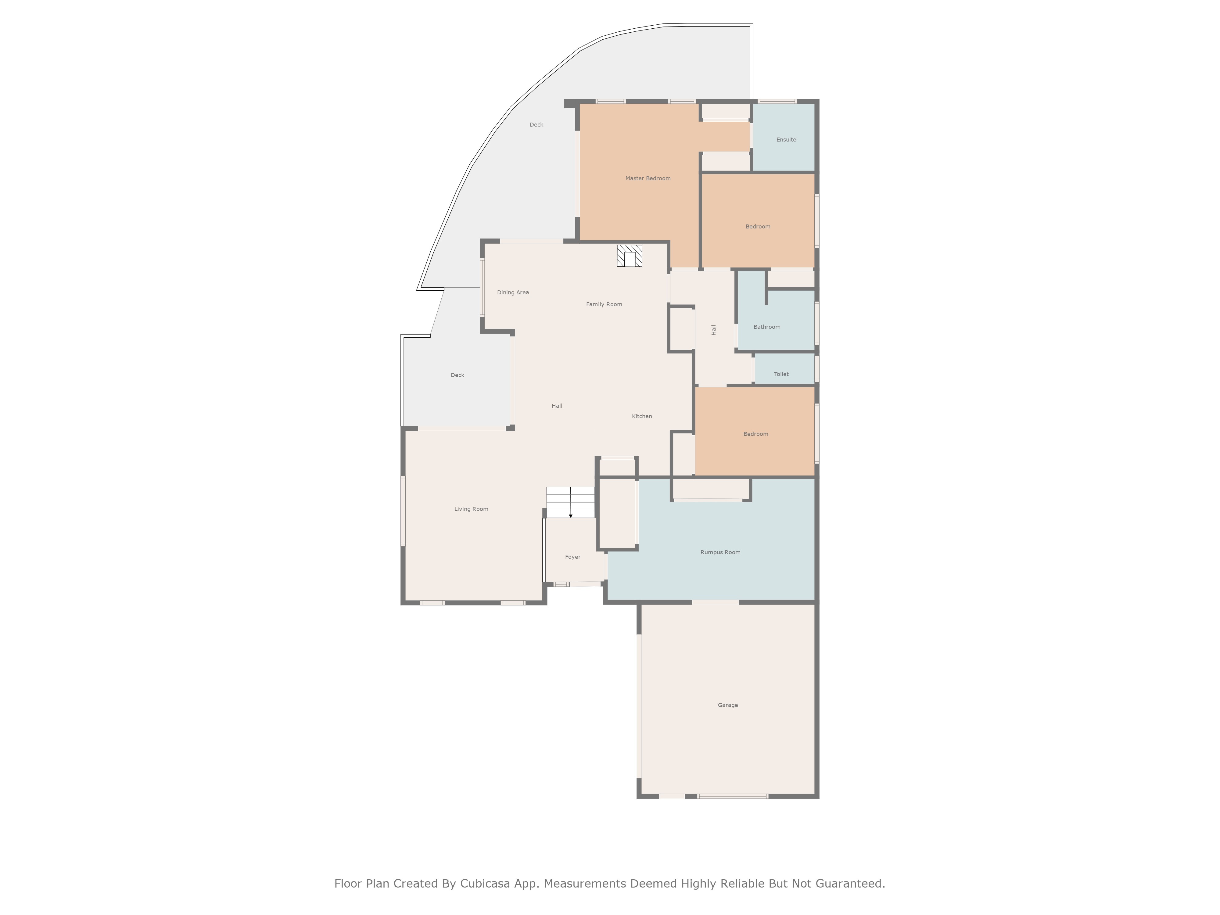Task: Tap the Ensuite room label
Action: click(786, 140)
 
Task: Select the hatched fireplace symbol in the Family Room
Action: click(629, 256)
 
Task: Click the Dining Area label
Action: click(513, 292)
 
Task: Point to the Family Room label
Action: click(604, 304)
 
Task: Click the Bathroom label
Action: click(767, 327)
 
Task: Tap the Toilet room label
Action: click(781, 374)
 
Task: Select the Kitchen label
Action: click(642, 416)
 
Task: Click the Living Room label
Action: click(471, 509)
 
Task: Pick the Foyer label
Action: click(572, 557)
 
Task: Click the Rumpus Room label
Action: click(720, 552)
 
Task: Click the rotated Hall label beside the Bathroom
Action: click(714, 330)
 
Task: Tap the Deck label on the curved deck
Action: click(536, 125)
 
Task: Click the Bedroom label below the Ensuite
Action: click(758, 227)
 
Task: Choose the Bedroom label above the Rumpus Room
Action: click(755, 434)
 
